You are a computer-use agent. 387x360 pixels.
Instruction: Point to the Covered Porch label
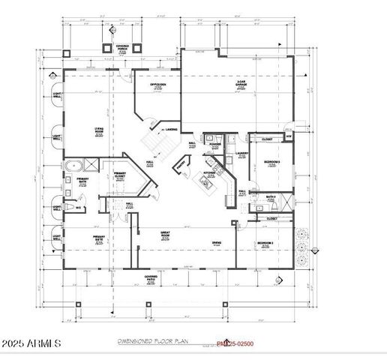121,48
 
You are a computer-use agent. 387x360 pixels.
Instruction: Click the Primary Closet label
119,177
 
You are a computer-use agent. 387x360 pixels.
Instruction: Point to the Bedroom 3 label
271,163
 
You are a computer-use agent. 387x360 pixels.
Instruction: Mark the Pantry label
181,168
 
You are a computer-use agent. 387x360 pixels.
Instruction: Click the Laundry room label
241,155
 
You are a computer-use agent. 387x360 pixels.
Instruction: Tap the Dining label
216,243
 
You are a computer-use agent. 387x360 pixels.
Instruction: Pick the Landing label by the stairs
171,130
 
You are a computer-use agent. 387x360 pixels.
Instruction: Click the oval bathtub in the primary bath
72,166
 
